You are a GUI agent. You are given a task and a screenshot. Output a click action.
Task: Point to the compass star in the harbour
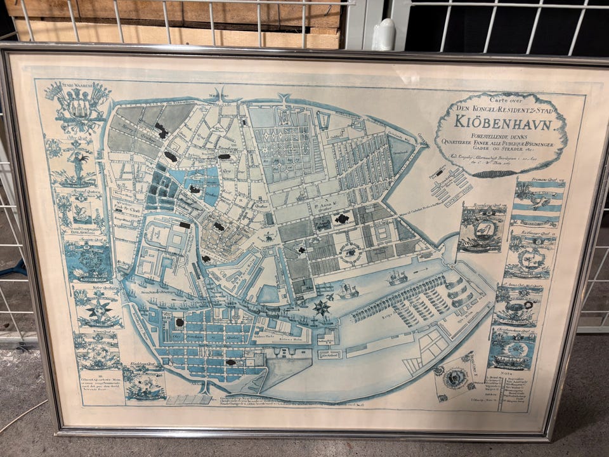coord(322,308)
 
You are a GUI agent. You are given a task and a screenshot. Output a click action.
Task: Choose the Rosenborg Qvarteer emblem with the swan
coord(483,228)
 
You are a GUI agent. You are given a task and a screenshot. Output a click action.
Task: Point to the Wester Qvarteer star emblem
coord(98,308)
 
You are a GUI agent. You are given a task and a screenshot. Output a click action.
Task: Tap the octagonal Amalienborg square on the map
coord(349,253)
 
